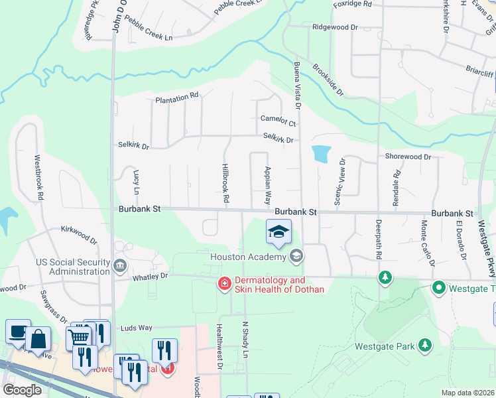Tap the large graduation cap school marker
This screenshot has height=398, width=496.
coord(279,232)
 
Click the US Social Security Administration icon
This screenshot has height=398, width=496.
coord(119,267)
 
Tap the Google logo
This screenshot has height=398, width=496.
coord(22,390)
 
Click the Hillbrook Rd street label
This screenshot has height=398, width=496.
coord(225,184)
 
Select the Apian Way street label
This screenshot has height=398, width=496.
coord(268,185)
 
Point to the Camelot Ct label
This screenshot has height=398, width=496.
coord(277,123)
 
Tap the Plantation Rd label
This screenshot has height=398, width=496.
coord(176,98)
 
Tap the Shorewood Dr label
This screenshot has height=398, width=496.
coord(408,157)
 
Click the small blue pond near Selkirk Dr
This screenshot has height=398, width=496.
coord(320,154)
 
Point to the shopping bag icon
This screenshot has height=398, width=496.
coord(39,338)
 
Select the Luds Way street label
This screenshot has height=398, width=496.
coord(137,328)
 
